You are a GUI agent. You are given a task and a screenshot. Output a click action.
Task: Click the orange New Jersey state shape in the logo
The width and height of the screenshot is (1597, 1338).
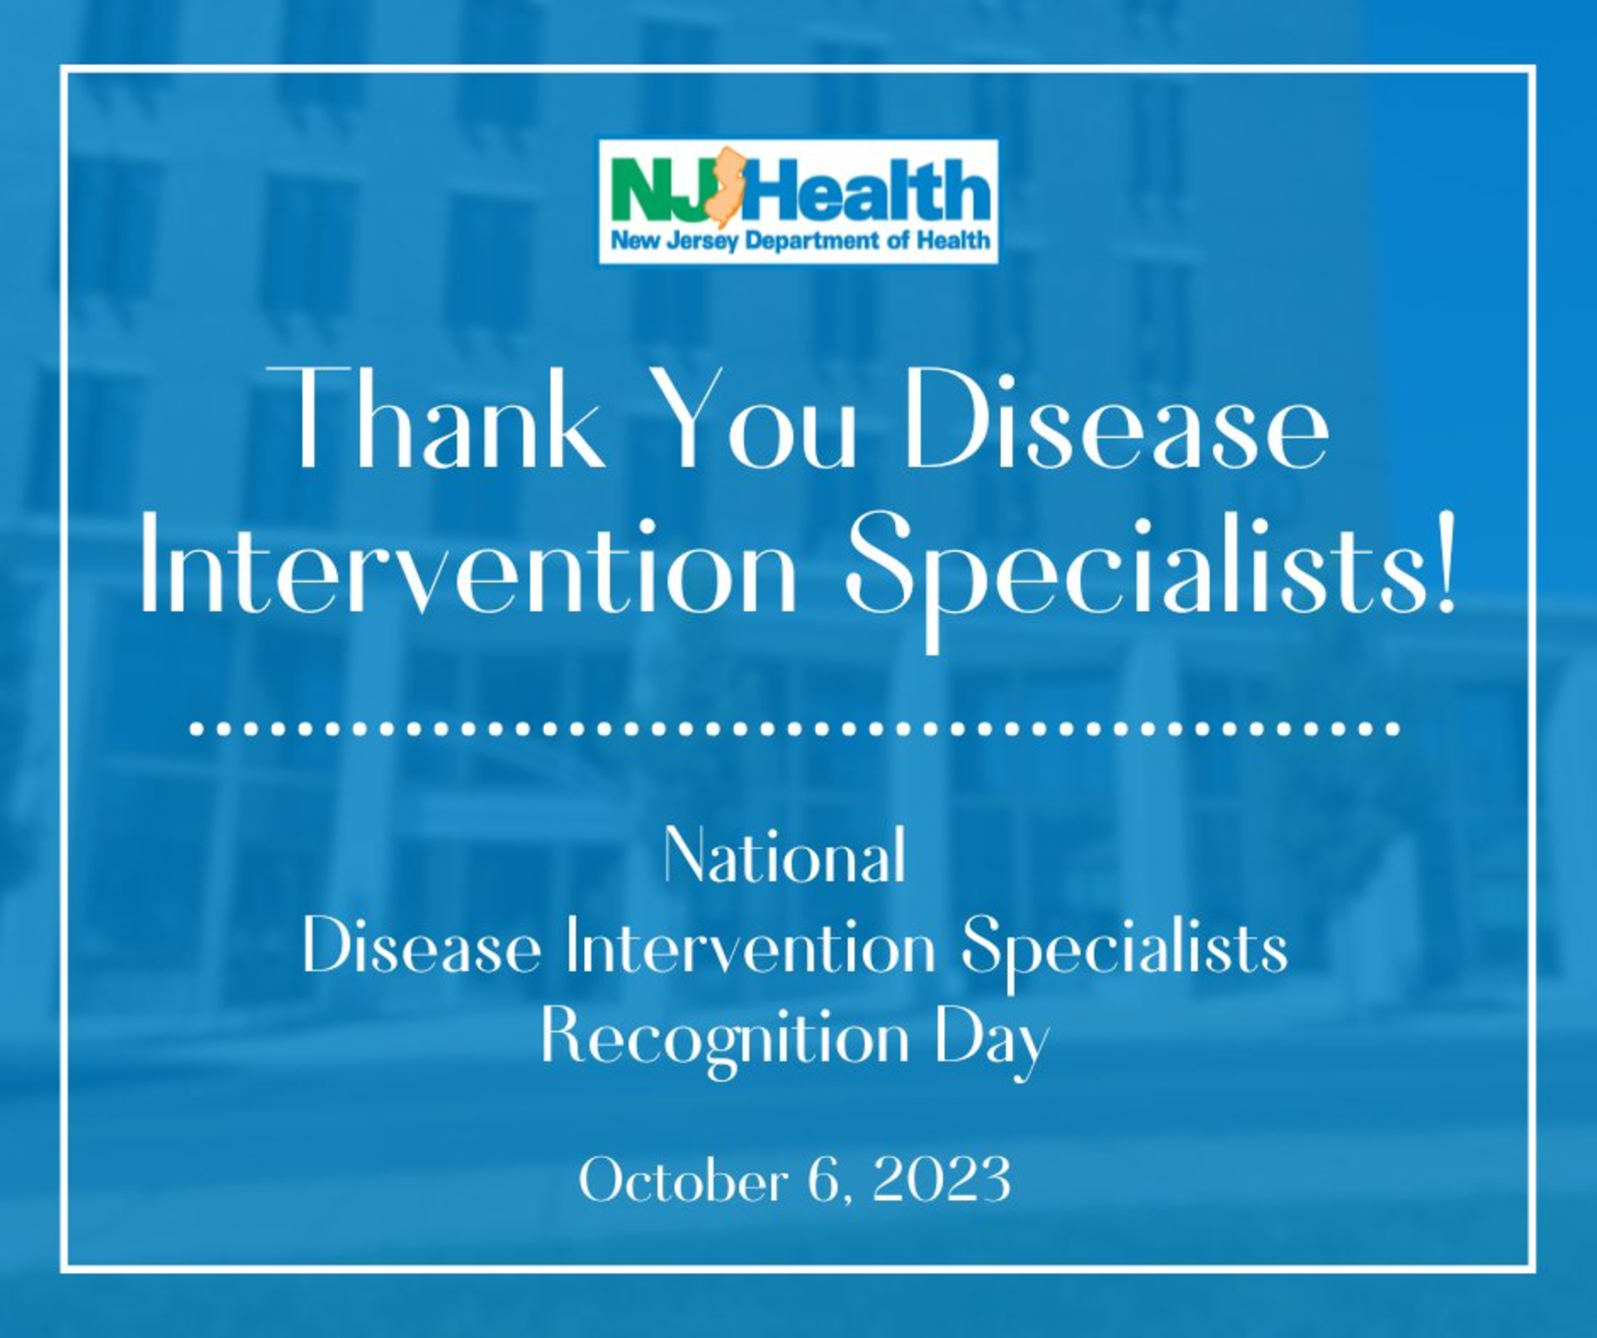722,187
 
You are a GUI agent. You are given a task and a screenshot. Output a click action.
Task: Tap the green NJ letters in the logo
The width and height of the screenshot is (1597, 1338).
659,189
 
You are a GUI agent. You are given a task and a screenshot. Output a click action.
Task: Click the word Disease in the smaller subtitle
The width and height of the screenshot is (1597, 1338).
422,950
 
